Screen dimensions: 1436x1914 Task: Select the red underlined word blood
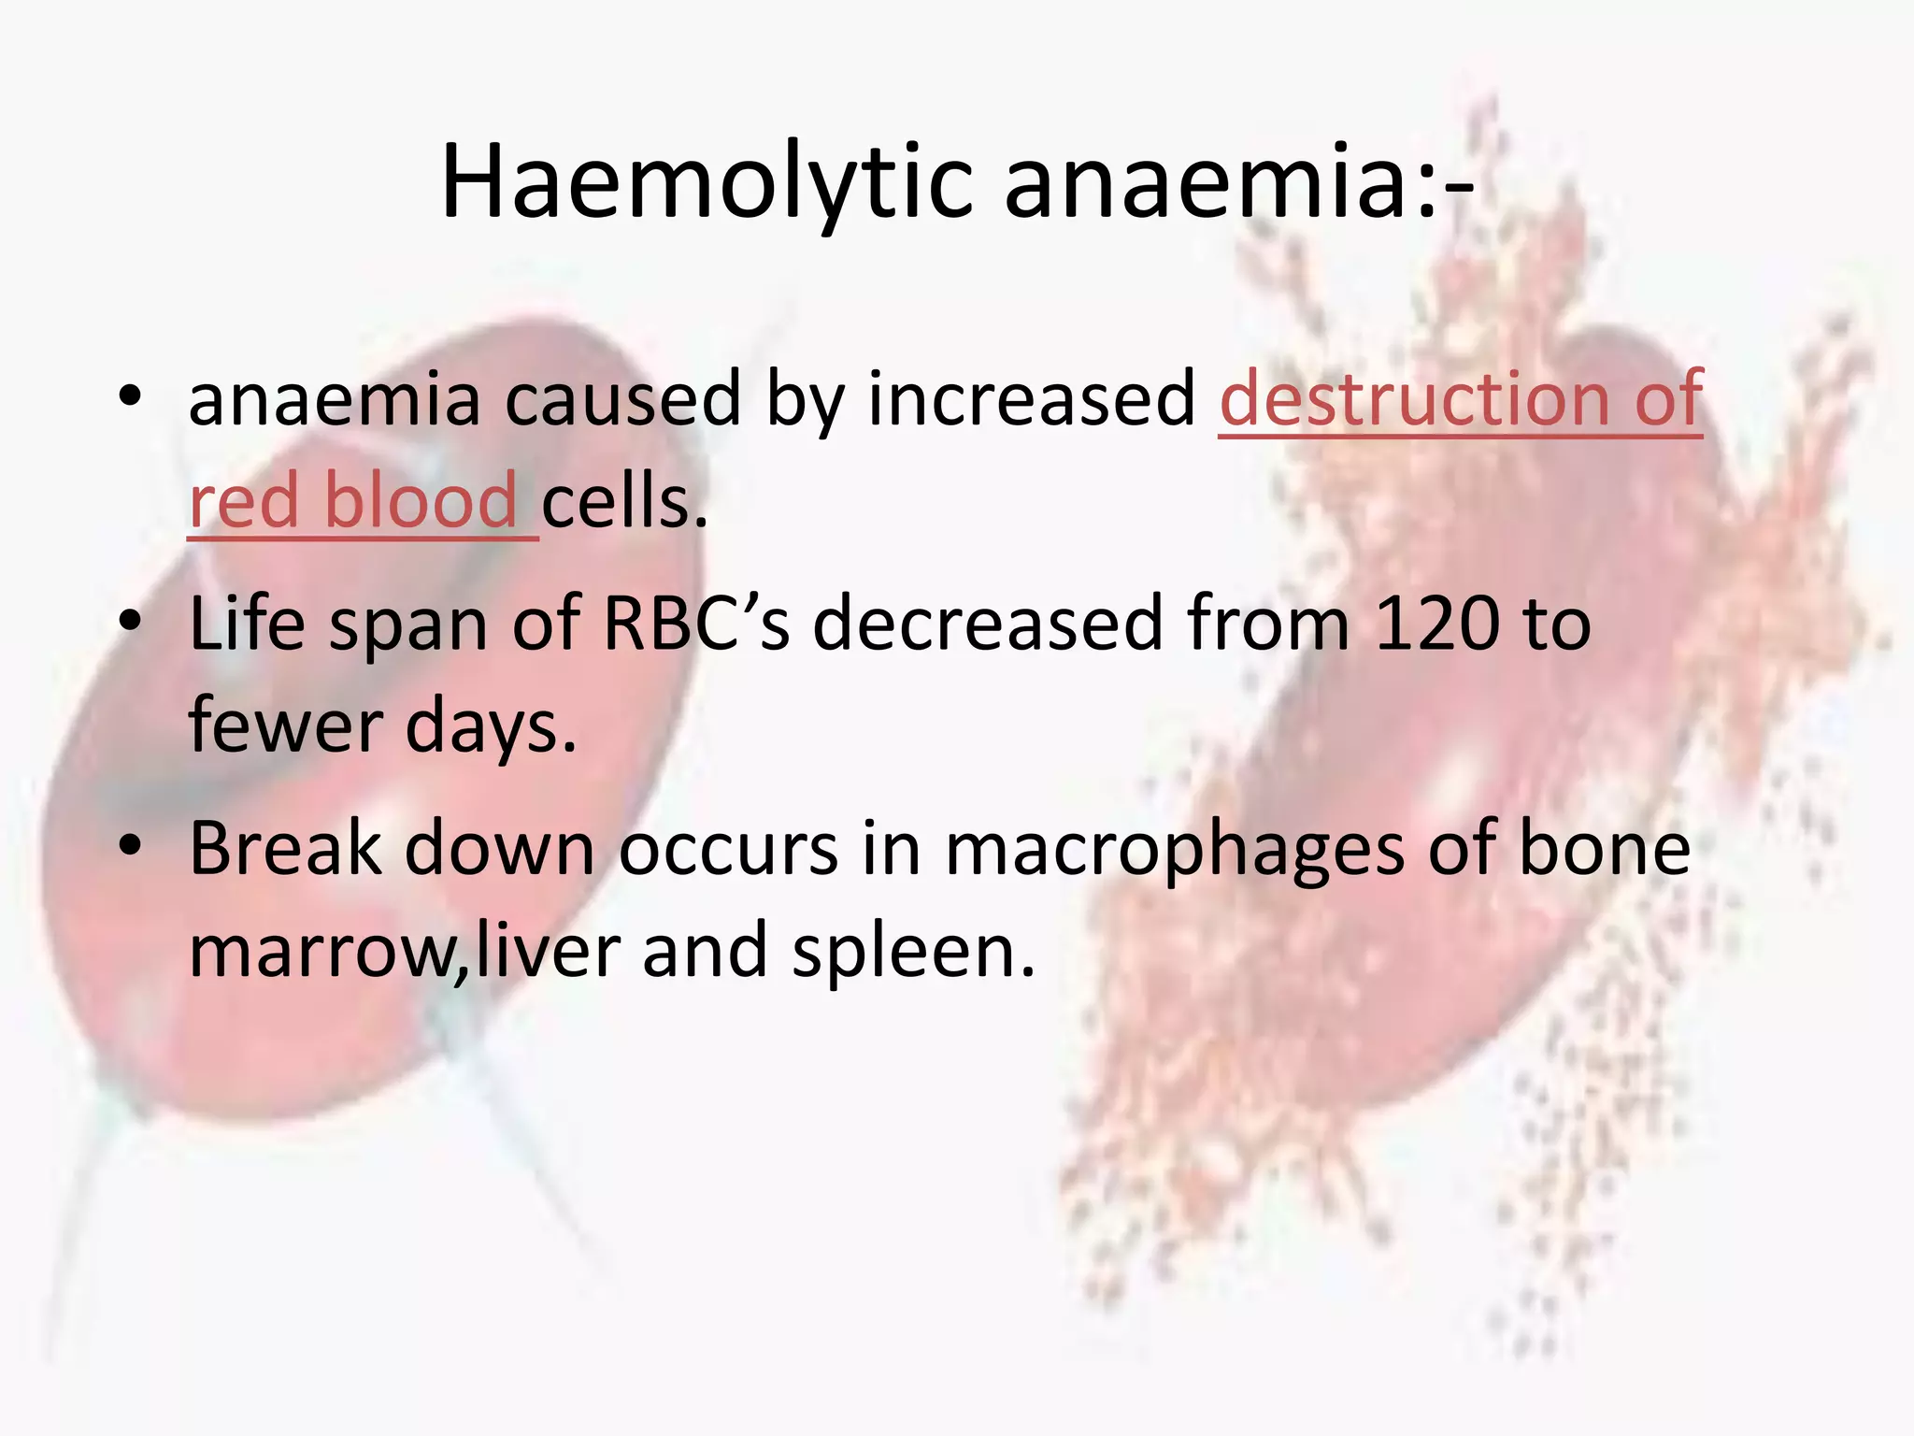420,502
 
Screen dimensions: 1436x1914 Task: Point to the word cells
623,502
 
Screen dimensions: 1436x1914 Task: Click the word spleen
913,952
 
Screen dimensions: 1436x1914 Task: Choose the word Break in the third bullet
286,848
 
